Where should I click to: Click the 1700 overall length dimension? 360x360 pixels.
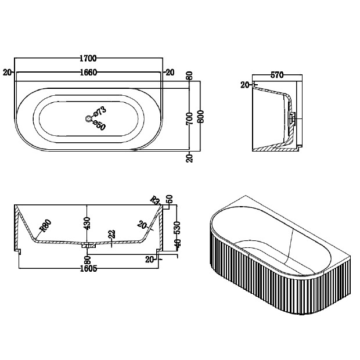point(88,59)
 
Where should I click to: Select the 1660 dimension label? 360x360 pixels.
point(89,73)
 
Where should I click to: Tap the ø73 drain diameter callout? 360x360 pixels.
point(100,111)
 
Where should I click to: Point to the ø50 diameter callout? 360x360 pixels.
point(99,125)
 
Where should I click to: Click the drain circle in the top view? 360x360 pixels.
point(88,118)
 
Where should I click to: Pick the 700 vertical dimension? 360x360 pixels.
point(189,118)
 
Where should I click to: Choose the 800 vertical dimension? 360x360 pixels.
point(200,116)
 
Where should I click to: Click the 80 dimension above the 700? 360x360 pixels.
point(189,75)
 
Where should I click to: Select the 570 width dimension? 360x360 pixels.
point(277,75)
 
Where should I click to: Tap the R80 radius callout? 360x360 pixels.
point(45,225)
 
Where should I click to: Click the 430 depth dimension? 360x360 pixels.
point(87,223)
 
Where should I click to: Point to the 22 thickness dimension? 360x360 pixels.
point(112,235)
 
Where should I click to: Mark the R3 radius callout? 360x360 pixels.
point(155,200)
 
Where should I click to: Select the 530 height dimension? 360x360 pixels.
point(177,228)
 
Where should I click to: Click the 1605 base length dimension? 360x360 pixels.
point(89,268)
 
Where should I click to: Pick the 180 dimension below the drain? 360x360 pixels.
point(88,260)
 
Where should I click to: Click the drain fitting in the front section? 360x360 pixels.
point(88,245)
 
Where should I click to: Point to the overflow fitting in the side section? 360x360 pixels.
point(293,118)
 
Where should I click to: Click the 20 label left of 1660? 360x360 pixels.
point(7,73)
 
